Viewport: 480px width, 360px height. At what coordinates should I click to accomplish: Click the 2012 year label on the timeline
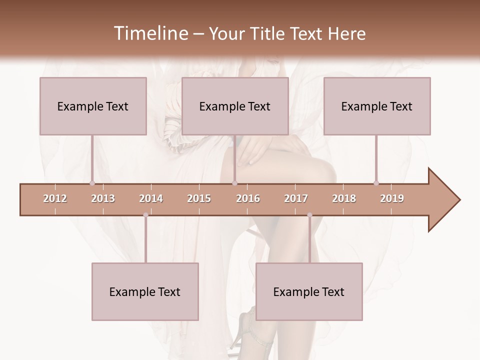pos(55,198)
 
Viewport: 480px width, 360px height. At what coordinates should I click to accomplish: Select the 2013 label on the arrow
pos(103,198)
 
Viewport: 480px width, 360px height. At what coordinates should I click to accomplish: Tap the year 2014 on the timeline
pos(151,198)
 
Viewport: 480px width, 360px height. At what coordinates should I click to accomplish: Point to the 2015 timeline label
pos(199,198)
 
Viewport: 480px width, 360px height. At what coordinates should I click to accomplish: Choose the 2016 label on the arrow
pos(248,198)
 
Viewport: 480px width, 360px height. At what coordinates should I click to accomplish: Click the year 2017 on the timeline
pos(296,198)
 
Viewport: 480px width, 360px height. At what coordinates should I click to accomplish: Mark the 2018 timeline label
pos(344,198)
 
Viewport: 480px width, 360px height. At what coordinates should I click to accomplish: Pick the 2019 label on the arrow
pos(392,198)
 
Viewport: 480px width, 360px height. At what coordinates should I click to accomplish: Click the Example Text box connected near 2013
pos(93,106)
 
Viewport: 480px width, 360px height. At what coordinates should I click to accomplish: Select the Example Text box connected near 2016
pos(235,106)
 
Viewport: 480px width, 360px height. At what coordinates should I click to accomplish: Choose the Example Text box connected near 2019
pos(377,106)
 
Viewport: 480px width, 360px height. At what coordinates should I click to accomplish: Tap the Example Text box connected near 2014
pos(145,291)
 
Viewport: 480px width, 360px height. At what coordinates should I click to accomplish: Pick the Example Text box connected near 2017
pos(309,291)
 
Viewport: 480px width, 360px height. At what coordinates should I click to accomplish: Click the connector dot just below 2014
pos(145,215)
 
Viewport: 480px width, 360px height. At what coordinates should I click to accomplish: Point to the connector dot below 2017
pos(309,215)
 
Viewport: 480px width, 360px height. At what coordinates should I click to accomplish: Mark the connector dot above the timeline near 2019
pos(376,183)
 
